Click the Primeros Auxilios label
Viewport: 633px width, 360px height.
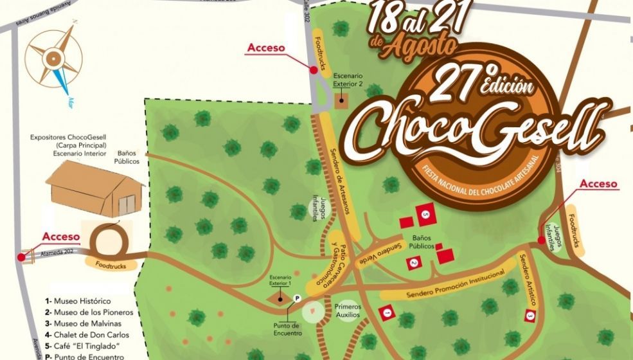pyautogui.click(x=348, y=310)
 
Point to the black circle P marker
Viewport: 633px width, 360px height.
pyautogui.click(x=297, y=298)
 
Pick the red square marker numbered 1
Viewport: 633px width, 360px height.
pyautogui.click(x=387, y=312)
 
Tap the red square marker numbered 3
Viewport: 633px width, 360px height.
pyautogui.click(x=530, y=315)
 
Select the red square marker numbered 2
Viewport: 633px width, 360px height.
pyautogui.click(x=415, y=262)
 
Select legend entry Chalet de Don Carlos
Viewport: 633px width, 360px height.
pyautogui.click(x=87, y=335)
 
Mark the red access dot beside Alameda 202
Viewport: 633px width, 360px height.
pyautogui.click(x=22, y=256)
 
